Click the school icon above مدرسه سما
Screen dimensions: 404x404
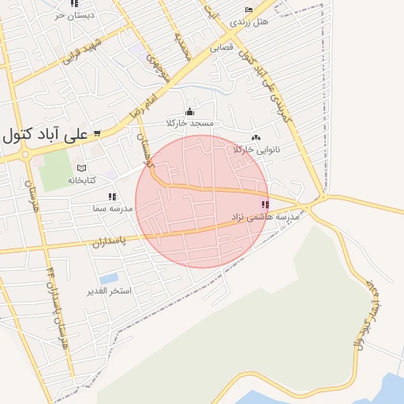(112, 196)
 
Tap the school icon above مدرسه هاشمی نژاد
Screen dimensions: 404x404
(264, 205)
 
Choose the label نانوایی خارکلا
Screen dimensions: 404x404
(256, 148)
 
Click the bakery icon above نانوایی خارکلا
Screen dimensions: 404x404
(256, 137)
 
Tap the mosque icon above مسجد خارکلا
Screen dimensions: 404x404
(189, 112)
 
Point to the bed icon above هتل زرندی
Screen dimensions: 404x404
(249, 10)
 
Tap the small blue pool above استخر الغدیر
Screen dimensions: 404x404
(109, 279)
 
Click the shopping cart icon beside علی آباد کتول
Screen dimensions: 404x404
(96, 133)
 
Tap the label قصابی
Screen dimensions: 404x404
(222, 47)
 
